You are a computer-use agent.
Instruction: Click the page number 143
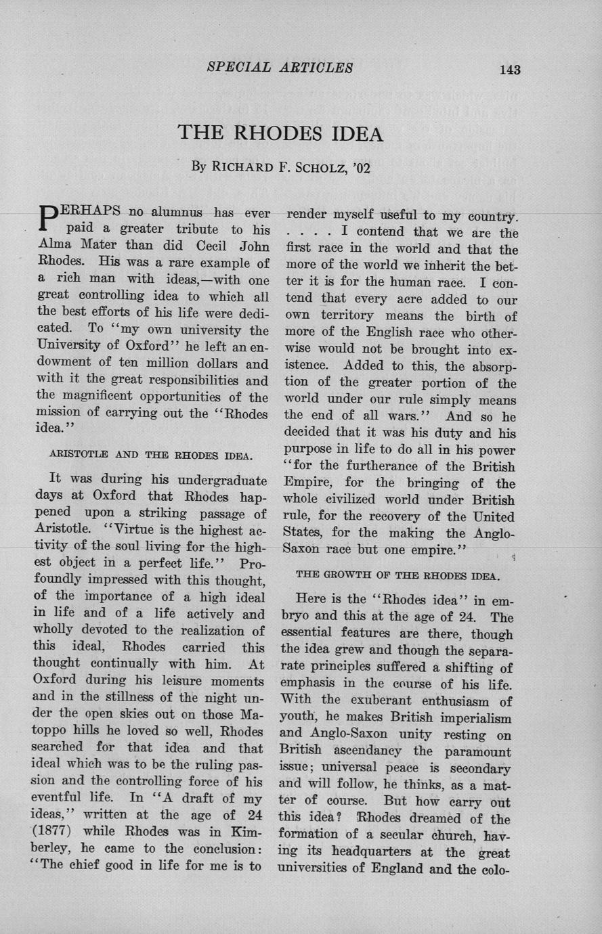[510, 69]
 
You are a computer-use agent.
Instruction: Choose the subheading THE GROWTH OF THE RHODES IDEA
[397, 576]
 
